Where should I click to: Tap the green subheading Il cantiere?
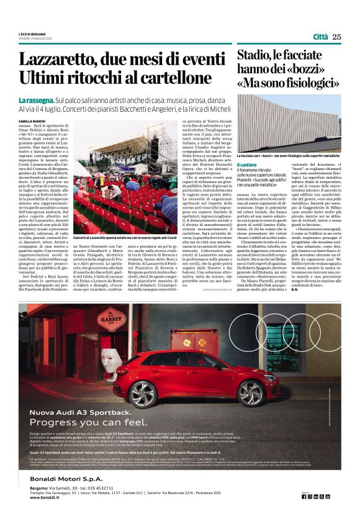pos(248,163)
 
